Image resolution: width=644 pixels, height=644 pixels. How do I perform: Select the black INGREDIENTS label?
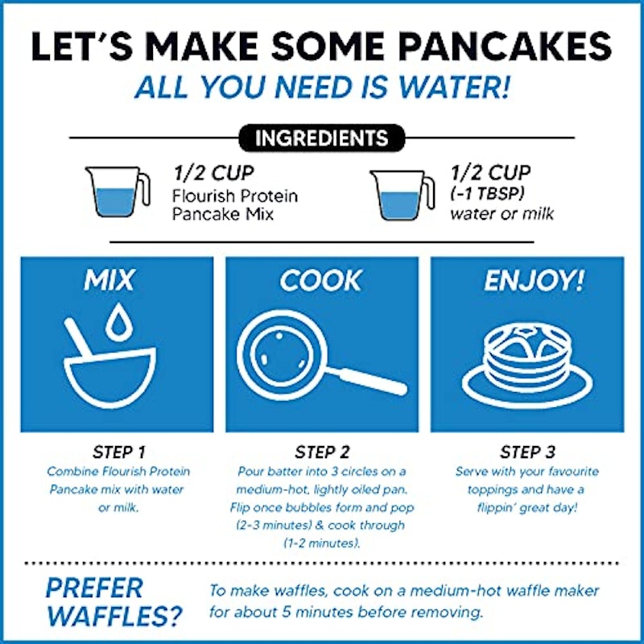point(321,138)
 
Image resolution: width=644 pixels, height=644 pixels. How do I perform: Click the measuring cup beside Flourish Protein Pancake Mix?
point(118,192)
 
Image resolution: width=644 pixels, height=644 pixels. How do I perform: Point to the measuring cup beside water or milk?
point(402,195)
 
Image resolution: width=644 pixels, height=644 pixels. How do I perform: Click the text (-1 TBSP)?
point(487,194)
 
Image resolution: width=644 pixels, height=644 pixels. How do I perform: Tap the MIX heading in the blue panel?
point(109,280)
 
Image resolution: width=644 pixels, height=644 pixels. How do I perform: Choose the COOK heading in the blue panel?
point(320,280)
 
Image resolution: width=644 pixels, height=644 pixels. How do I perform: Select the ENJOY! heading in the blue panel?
point(534,281)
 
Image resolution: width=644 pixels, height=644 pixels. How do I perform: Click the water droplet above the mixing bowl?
point(118,321)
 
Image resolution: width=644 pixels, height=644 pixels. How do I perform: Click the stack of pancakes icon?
point(527,365)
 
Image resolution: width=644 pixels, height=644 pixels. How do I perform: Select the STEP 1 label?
point(118,452)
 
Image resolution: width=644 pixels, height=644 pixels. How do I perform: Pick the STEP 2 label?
point(322,452)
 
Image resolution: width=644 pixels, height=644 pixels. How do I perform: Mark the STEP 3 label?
point(527,452)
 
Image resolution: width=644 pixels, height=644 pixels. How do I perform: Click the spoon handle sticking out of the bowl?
point(79,337)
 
